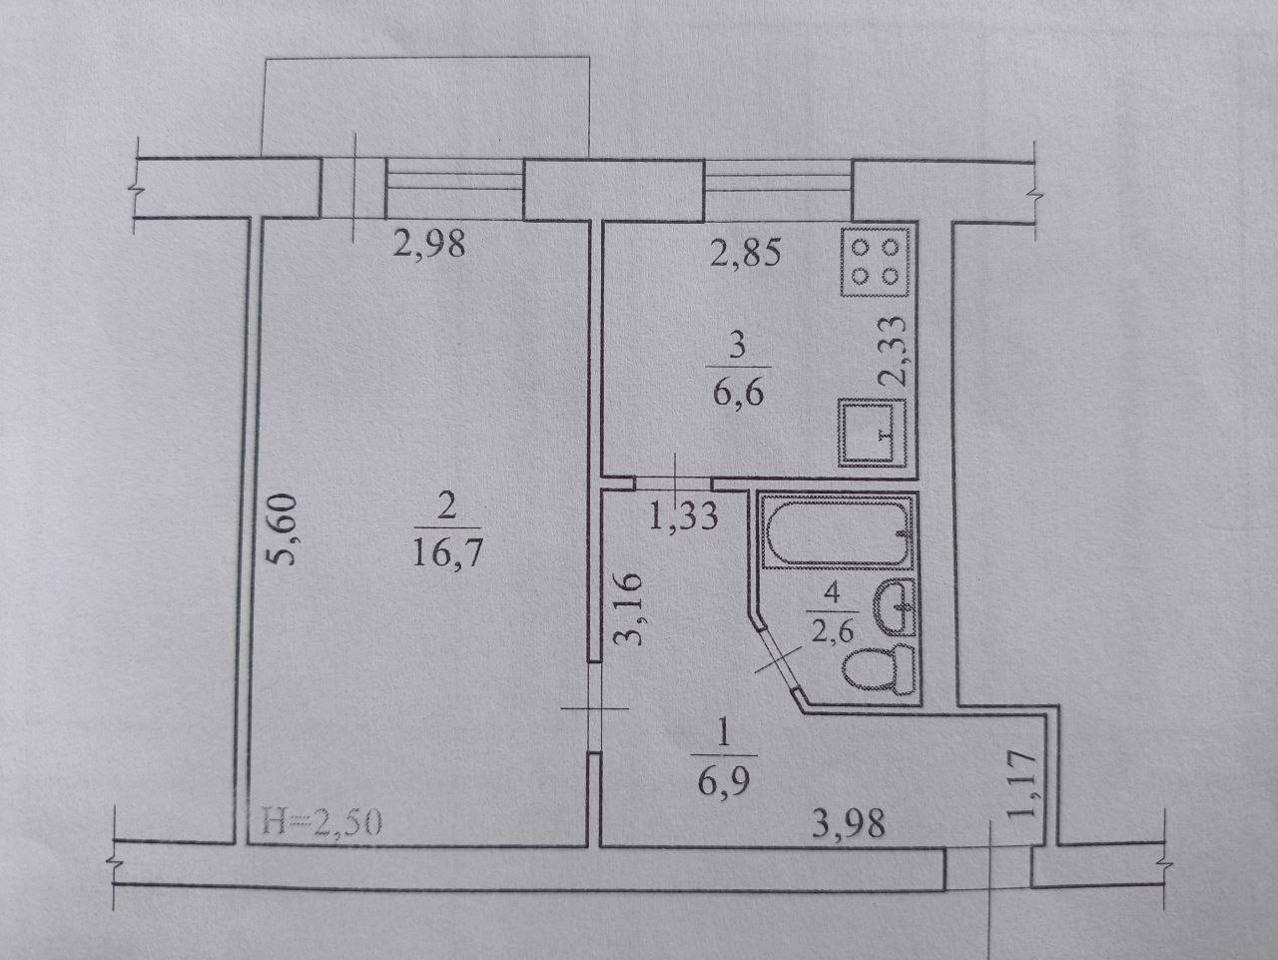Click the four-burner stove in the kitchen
875,262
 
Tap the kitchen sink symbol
872,433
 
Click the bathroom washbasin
895,607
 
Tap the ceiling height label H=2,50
321,822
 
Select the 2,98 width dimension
429,244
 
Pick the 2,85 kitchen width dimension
745,253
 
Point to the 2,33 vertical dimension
892,351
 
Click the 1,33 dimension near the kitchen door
683,516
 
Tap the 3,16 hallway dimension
628,609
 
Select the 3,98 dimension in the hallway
849,823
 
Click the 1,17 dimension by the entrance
1021,783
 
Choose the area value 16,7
447,552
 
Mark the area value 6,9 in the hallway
724,782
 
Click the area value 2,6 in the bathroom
832,629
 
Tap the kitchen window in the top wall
778,191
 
